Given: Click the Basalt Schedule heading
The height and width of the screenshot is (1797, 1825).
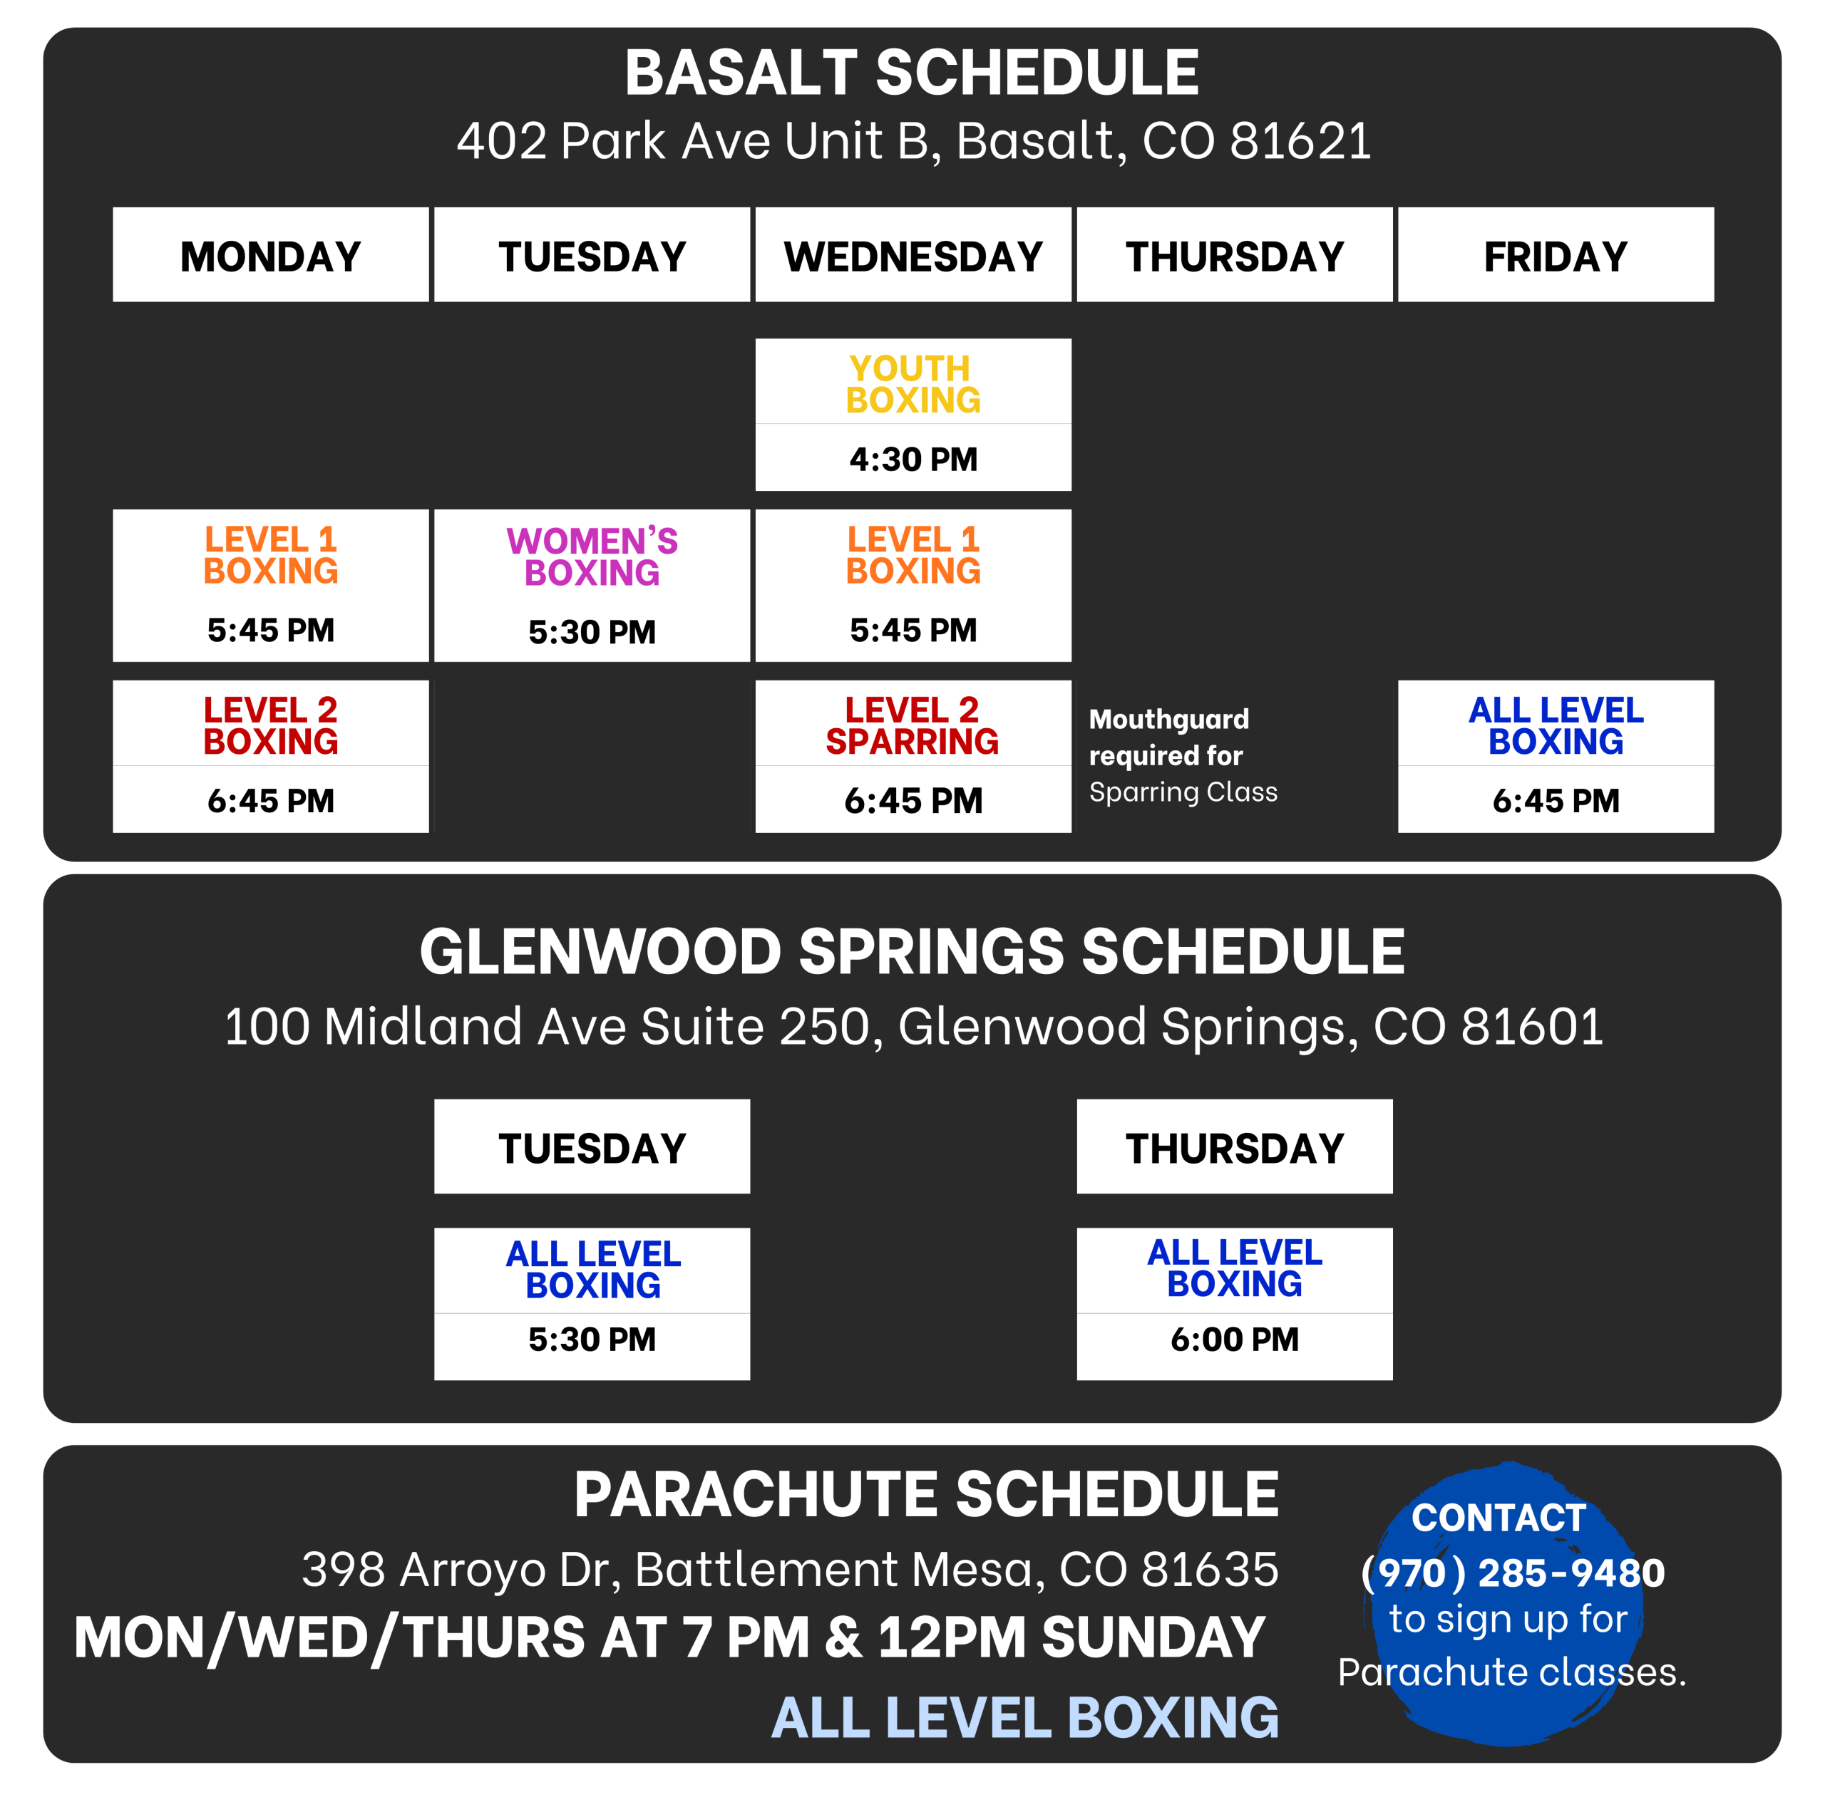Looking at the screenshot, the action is (x=911, y=73).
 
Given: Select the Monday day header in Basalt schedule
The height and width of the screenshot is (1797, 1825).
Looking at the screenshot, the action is (x=271, y=256).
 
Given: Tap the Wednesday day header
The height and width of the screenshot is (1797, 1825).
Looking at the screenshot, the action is (x=913, y=256).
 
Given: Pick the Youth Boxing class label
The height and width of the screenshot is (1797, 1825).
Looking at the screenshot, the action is (x=913, y=383).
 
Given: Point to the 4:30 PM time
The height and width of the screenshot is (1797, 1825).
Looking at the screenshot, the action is (x=913, y=459).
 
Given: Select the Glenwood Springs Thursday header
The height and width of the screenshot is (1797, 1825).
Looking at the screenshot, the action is (x=1234, y=1148).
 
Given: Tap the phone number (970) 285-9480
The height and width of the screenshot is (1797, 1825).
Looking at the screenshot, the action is (x=1513, y=1573).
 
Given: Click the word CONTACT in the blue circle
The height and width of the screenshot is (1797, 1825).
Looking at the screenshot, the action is (x=1498, y=1518).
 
